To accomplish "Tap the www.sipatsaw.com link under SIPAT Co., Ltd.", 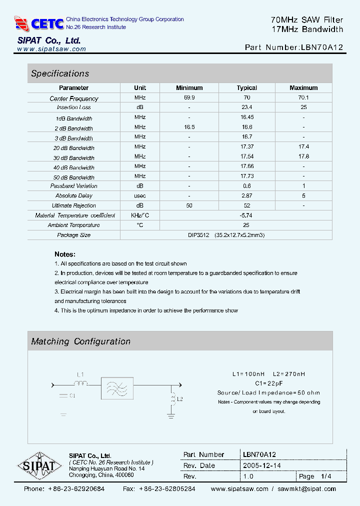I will tap(51, 49).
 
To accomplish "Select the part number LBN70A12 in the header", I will tap(321, 48).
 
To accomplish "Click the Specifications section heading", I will tap(60, 73).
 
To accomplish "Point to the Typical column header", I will tap(246, 88).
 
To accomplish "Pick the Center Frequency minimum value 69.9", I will tap(189, 97).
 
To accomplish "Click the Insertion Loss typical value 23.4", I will tap(246, 107).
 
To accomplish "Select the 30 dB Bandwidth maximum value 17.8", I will tap(303, 156).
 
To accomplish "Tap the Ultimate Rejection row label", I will tap(74, 205).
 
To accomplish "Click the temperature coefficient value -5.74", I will tap(246, 215).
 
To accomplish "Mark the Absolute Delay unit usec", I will tap(140, 195).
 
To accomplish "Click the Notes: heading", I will tap(65, 254).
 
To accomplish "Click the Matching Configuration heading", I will tap(80, 341).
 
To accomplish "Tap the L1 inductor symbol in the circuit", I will tap(81, 384).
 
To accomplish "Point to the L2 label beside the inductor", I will tap(180, 399).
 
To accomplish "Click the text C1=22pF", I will tap(268, 383).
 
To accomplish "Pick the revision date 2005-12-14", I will tap(262, 465).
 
